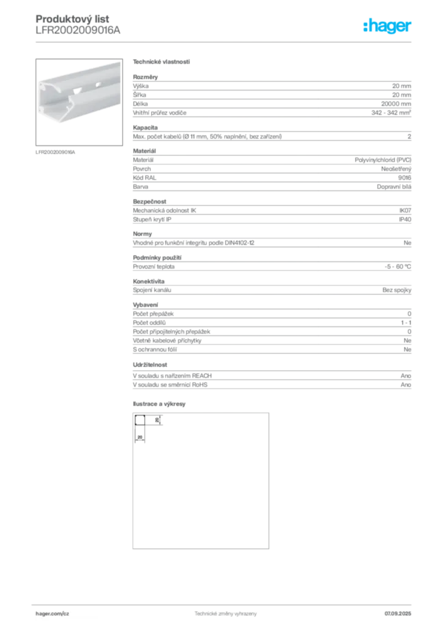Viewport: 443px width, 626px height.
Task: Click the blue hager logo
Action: coord(388,27)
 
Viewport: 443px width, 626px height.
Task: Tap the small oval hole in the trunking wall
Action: coord(76,96)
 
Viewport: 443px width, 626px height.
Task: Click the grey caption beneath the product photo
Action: coord(56,151)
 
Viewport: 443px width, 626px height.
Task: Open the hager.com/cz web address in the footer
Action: coord(53,613)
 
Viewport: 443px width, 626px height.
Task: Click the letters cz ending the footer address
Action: coord(65,613)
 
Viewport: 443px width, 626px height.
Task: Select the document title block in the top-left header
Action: coord(78,24)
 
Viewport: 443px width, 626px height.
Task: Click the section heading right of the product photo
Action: coord(162,62)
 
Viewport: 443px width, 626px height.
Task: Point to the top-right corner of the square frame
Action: coord(272,414)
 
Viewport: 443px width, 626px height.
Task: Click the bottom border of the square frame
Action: coord(200,550)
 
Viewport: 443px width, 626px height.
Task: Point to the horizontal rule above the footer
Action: coord(225,603)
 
